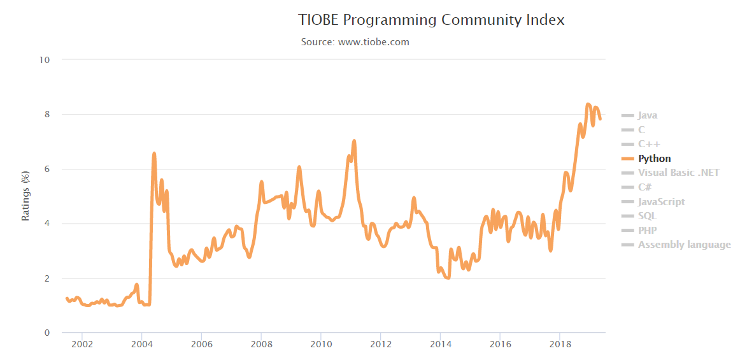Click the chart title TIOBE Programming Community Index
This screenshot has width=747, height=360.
pyautogui.click(x=431, y=20)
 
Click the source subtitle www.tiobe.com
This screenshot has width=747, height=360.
pyautogui.click(x=355, y=42)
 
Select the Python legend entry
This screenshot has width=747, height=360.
pyautogui.click(x=654, y=159)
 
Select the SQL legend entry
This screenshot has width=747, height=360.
pyautogui.click(x=647, y=216)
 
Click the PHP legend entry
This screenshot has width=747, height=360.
pyautogui.click(x=647, y=230)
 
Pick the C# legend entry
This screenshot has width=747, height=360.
pyautogui.click(x=644, y=187)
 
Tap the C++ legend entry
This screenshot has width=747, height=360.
pyautogui.click(x=649, y=144)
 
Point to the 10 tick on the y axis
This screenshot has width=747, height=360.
pyautogui.click(x=45, y=60)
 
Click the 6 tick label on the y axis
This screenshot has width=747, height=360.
pyautogui.click(x=47, y=169)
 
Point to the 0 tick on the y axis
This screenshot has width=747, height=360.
pyautogui.click(x=47, y=333)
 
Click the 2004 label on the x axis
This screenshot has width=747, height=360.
pyautogui.click(x=141, y=345)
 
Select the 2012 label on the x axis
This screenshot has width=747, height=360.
pyautogui.click(x=380, y=345)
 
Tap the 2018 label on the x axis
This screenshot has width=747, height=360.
pyautogui.click(x=559, y=345)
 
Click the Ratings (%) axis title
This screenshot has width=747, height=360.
pyautogui.click(x=26, y=196)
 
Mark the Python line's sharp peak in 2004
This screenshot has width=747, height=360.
pyautogui.click(x=154, y=154)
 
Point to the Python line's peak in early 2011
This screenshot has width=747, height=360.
pyautogui.click(x=354, y=141)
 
